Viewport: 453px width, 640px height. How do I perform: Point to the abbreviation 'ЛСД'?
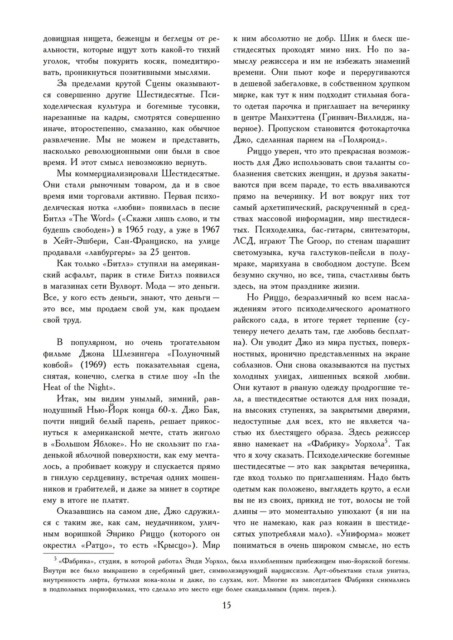(x=243, y=241)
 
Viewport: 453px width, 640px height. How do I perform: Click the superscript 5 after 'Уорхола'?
(x=386, y=441)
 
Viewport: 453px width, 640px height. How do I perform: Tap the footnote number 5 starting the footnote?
(x=55, y=559)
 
